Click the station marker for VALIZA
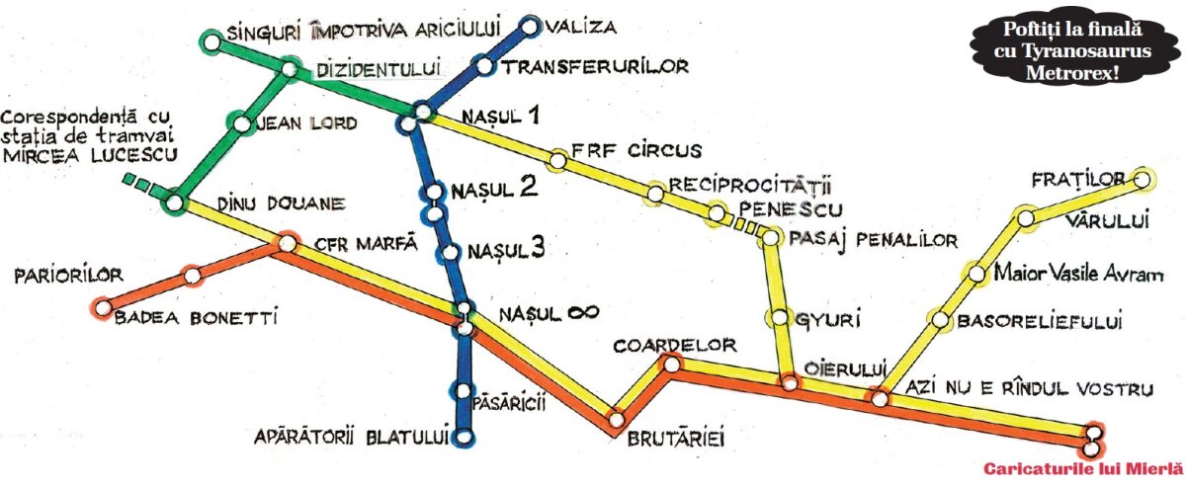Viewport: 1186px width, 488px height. click(532, 27)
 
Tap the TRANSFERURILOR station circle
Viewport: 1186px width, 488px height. click(485, 67)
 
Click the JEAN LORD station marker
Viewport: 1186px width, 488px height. click(241, 124)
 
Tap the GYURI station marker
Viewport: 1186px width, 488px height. click(779, 318)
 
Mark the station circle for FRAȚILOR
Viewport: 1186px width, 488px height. click(1143, 179)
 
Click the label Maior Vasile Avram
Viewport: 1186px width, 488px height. click(1072, 274)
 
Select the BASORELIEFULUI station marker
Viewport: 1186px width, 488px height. click(939, 320)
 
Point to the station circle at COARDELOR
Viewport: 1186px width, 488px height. click(671, 366)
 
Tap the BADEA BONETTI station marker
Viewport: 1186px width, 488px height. click(101, 307)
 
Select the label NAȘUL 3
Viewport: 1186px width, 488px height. click(506, 249)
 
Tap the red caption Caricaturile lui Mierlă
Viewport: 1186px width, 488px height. click(1082, 468)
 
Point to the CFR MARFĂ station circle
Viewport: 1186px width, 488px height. click(288, 243)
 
